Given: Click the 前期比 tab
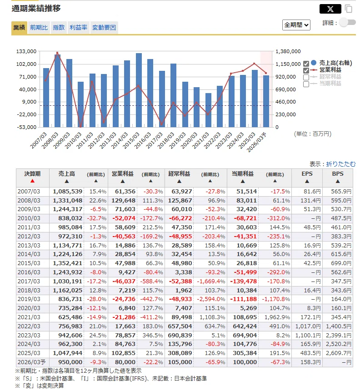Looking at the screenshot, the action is click(39, 28).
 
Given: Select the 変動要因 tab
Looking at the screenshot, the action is click(104, 28).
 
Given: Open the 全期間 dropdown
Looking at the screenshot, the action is click(296, 25).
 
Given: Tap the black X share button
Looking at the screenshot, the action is click(330, 9).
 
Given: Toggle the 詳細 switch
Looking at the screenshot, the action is click(348, 22).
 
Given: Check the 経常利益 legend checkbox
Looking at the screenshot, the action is click(306, 77).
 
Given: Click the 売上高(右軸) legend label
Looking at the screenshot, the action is click(335, 63).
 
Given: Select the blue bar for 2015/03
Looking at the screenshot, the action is click(139, 90).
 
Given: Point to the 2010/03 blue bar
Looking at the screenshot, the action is click(80, 104).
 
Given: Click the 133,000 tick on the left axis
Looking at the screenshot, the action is click(26, 51).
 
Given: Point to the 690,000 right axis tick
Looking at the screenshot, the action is click(285, 89).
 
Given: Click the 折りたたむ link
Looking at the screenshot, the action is click(341, 164).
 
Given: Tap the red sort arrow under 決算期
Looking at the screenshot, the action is click(32, 181).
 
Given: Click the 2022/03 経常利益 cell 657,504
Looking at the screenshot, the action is click(180, 326).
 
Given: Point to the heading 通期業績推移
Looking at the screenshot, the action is click(36, 9).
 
